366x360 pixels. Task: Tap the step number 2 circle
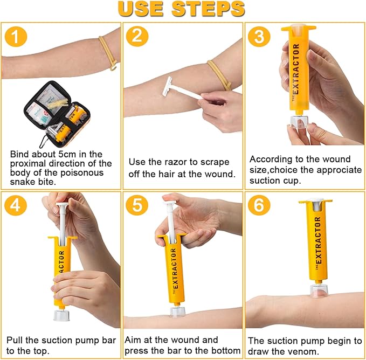(x=137, y=37)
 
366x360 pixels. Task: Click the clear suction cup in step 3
(x=298, y=121)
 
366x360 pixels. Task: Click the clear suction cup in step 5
(x=178, y=313)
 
